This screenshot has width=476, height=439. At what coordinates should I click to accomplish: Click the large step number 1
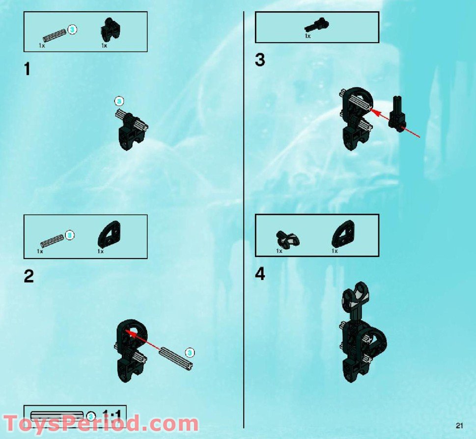tap(27, 69)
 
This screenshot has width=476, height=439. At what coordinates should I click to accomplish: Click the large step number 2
tap(28, 277)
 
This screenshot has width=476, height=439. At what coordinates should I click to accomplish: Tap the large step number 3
tap(260, 60)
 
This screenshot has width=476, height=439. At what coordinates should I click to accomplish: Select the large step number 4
tap(260, 275)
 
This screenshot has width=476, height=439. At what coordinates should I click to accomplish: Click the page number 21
tap(459, 425)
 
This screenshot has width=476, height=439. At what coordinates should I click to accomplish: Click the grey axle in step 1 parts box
tap(53, 35)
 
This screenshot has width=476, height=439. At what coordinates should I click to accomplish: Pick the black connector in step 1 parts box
tap(108, 30)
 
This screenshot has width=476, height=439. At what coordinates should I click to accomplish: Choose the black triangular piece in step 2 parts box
tap(109, 234)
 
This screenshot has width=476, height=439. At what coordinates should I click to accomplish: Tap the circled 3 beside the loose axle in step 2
tap(190, 352)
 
